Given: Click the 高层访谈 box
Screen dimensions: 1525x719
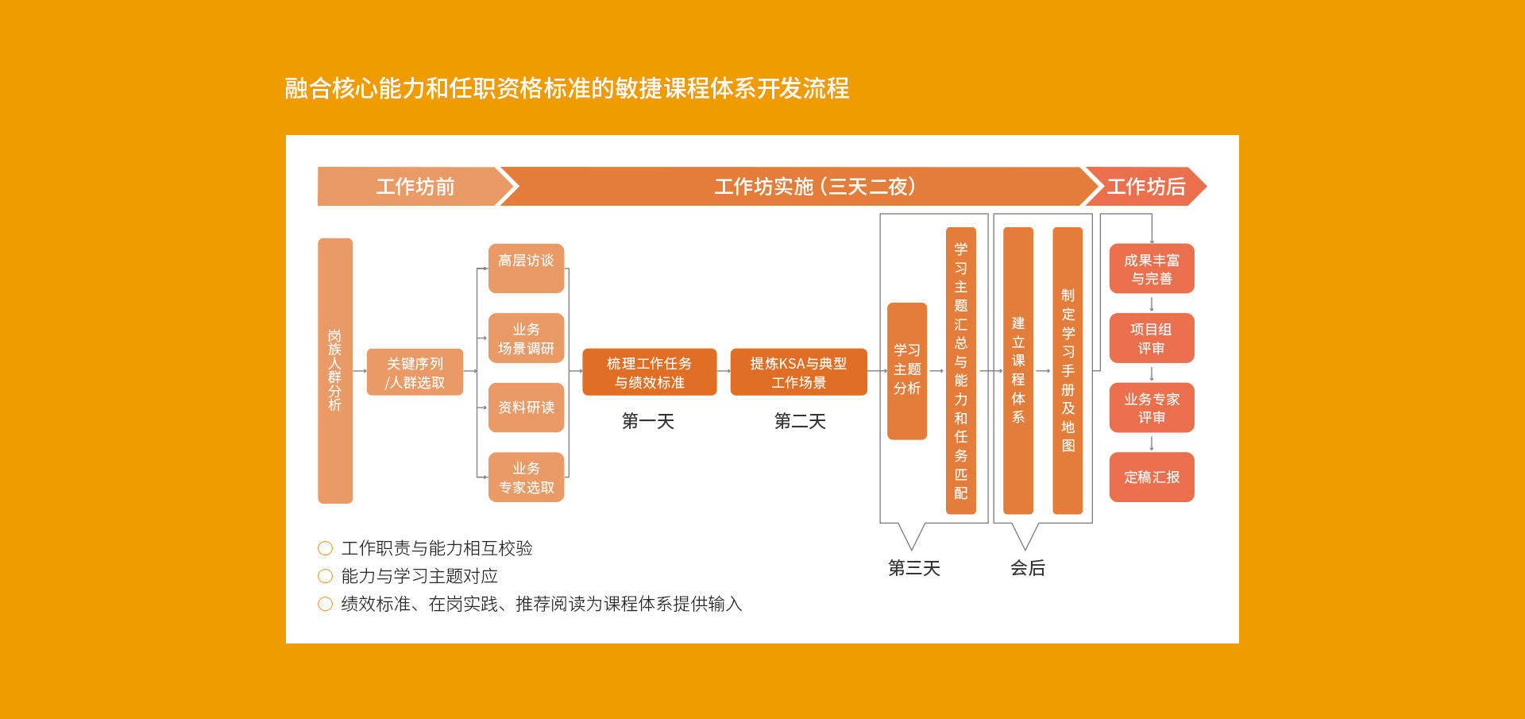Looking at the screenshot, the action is (x=526, y=269).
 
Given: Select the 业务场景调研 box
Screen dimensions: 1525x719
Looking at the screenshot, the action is (x=526, y=338).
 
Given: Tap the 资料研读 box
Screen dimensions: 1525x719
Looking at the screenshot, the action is (x=526, y=408).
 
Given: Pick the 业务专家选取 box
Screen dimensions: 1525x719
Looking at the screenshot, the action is (x=526, y=477).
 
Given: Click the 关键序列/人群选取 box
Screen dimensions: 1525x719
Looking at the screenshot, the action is (x=415, y=372).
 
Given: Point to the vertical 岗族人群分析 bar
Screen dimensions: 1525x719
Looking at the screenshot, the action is (x=335, y=370).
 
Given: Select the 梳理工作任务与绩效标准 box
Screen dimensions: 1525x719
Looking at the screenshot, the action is (x=650, y=372).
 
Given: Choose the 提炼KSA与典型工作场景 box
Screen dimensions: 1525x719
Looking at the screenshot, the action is (x=799, y=372).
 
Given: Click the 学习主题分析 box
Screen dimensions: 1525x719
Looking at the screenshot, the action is (x=907, y=371).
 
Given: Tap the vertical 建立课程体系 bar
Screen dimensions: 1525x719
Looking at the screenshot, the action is (x=1018, y=370).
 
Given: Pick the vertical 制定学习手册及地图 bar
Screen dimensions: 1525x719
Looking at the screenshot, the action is (x=1067, y=370).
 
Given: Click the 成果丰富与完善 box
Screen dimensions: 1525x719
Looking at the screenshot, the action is (x=1152, y=269).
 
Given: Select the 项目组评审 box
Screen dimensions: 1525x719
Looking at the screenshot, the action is (x=1152, y=338).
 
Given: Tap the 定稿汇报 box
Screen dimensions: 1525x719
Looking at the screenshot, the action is (x=1152, y=477).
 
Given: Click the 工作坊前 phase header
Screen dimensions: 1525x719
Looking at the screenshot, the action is (x=415, y=187).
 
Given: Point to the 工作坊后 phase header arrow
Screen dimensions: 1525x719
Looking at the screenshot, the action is (x=1146, y=187).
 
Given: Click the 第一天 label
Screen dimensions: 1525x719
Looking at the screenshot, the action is (x=648, y=421).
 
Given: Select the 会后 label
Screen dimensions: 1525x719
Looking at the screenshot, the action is (x=1028, y=568).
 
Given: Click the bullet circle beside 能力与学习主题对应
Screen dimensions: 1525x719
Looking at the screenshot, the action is (x=325, y=576).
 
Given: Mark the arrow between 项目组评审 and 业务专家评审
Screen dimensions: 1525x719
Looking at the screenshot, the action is (x=1152, y=373).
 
